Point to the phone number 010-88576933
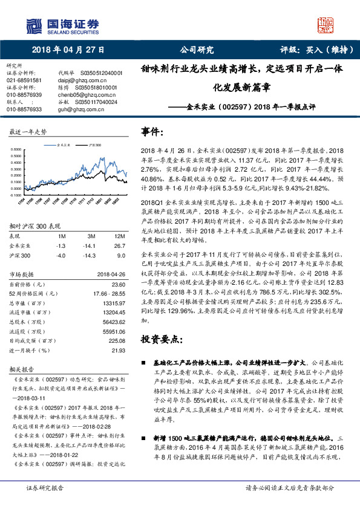pyautogui.click(x=24, y=109)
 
